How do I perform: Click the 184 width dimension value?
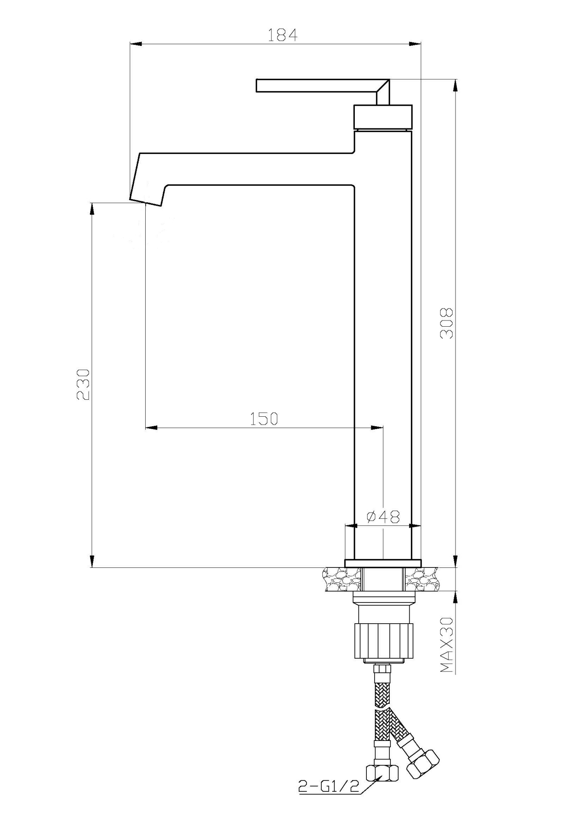coord(282,35)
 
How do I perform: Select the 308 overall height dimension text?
coord(446,323)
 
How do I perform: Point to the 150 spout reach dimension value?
coord(264,419)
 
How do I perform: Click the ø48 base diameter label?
coord(383,516)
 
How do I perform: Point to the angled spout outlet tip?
coord(146,200)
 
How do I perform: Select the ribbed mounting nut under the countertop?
coord(383,641)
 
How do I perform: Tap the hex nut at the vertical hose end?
coord(382,772)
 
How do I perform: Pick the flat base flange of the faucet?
coord(383,563)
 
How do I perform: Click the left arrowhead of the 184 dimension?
coord(136,43)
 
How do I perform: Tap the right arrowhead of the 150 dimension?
coord(377,427)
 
